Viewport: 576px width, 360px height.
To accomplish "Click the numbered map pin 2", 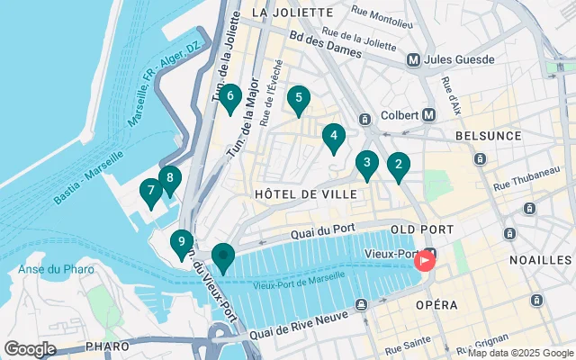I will pyautogui.click(x=398, y=166).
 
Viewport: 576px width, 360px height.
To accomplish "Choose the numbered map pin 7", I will pyautogui.click(x=150, y=191).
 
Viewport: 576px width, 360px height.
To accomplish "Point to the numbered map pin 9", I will pyautogui.click(x=182, y=242).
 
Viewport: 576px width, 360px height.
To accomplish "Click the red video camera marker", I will pyautogui.click(x=424, y=261).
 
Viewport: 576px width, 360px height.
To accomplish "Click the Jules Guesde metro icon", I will pyautogui.click(x=413, y=60).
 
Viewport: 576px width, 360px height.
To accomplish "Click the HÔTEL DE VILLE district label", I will pyautogui.click(x=306, y=193).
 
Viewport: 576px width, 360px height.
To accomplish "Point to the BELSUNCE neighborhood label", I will pyautogui.click(x=488, y=135).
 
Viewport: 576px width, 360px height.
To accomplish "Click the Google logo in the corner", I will pyautogui.click(x=30, y=348).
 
